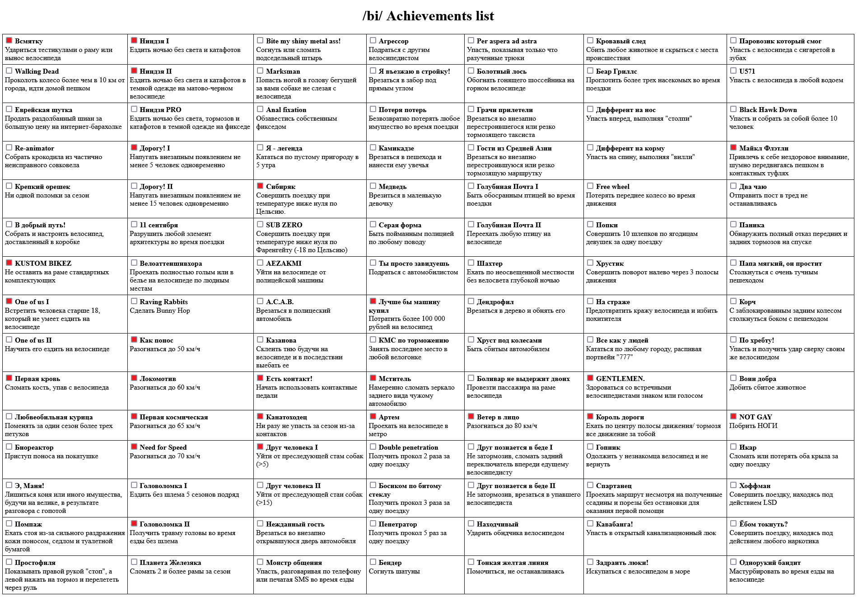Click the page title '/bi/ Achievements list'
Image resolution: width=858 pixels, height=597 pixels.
point(428,16)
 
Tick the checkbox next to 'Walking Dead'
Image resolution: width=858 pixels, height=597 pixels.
point(9,71)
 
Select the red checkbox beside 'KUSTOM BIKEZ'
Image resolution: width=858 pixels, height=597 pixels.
point(9,263)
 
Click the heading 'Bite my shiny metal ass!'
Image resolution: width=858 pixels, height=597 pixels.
point(303,41)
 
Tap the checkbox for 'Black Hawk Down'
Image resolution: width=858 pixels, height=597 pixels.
point(733,109)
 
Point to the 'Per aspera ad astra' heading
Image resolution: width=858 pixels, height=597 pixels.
point(507,41)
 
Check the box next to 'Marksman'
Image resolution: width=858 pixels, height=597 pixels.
point(260,71)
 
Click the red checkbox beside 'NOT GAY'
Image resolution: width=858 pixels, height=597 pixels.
point(733,416)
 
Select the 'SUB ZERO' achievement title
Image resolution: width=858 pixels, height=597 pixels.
point(284,225)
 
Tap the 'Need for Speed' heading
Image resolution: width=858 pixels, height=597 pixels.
point(163,447)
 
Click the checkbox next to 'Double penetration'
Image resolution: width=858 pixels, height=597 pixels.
point(373,447)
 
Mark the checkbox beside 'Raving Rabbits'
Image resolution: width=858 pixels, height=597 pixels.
point(134,301)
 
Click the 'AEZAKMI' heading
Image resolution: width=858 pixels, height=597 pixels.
point(284,263)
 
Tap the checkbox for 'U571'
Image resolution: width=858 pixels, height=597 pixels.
point(733,71)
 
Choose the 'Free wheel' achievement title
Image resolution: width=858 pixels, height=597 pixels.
point(612,187)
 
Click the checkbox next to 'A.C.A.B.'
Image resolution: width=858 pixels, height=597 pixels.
point(260,301)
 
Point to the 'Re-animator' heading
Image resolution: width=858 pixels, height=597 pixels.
point(34,148)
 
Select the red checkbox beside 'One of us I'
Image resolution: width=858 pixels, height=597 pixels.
point(9,301)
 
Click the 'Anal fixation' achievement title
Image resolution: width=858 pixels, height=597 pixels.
point(286,110)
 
